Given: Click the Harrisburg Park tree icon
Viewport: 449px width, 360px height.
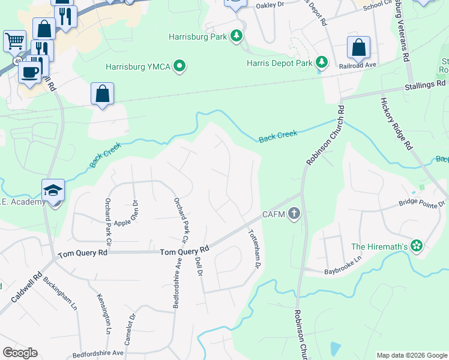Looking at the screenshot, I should [237, 37].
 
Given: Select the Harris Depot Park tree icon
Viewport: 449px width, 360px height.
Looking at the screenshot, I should [322, 62].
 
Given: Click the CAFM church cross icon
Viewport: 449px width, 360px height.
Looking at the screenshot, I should [294, 214].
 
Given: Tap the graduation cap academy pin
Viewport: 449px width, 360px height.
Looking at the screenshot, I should [53, 190].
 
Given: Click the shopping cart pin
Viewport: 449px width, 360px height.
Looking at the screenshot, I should [14, 41].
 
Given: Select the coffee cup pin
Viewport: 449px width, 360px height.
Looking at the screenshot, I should [29, 71].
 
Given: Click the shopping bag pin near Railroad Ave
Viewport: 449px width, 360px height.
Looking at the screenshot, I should [358, 47].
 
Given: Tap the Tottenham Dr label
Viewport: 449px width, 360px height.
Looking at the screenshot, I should [255, 248].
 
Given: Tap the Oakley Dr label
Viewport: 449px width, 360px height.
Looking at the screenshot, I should [269, 5].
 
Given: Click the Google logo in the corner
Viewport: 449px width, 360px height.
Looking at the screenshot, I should [20, 353].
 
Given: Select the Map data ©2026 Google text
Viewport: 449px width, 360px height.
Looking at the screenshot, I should [411, 355].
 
